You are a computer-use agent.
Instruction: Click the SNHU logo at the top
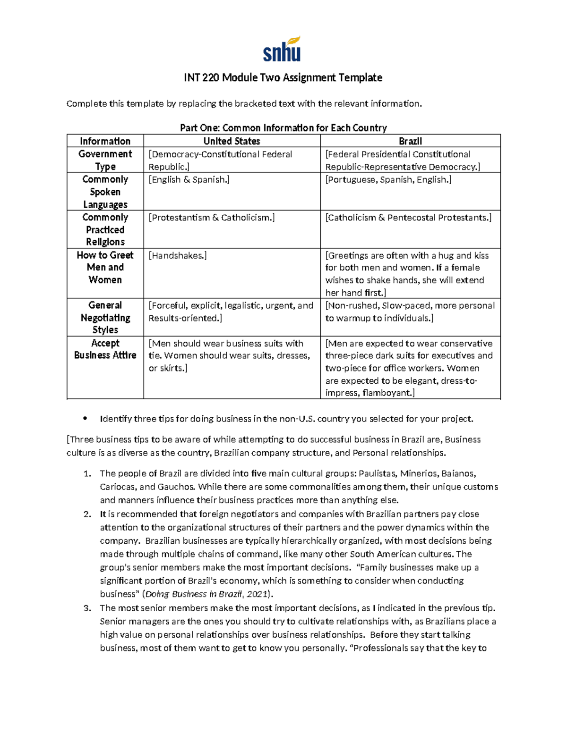point(282,50)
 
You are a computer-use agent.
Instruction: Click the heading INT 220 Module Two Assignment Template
point(283,77)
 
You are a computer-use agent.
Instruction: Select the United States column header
point(232,141)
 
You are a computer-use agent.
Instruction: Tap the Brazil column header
point(410,141)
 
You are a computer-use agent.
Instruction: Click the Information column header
point(105,141)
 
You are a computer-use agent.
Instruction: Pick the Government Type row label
point(105,160)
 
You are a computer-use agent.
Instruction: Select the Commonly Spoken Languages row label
point(105,192)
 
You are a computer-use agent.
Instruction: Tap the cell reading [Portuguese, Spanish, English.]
point(388,180)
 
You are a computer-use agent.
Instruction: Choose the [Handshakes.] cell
point(178,256)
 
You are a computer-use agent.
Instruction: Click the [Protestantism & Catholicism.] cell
point(212,218)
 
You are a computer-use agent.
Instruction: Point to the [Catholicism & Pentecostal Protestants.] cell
point(408,218)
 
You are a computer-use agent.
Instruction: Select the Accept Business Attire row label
point(105,349)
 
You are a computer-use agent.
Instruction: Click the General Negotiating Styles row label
point(105,317)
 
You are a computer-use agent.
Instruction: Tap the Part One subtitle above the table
point(283,128)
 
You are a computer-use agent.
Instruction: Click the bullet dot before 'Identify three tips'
point(85,418)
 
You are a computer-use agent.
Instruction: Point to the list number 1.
point(86,474)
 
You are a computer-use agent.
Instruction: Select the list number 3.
point(86,608)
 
